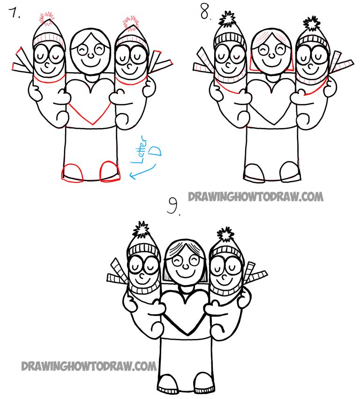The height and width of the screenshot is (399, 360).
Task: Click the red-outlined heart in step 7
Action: [x=90, y=101]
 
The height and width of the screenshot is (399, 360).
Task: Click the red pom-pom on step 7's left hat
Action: [x=47, y=18]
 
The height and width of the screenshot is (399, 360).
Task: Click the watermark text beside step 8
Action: [x=255, y=196]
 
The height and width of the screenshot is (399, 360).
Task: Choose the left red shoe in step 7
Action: [x=73, y=172]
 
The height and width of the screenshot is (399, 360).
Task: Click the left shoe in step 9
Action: [x=167, y=383]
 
